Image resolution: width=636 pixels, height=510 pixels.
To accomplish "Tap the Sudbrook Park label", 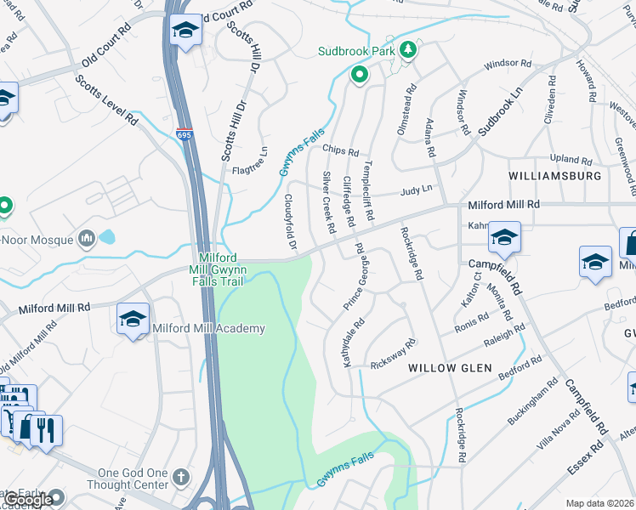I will pyautogui.click(x=357, y=51).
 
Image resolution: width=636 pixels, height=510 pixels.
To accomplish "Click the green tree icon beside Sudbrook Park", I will pyautogui.click(x=407, y=50).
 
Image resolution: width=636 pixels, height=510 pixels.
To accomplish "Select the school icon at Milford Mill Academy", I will pyautogui.click(x=133, y=320).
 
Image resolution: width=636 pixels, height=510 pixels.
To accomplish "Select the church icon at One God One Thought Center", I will pyautogui.click(x=180, y=476).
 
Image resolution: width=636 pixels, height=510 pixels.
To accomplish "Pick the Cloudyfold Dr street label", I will pyautogui.click(x=290, y=222).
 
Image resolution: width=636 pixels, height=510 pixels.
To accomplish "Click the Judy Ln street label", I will pyautogui.click(x=417, y=190).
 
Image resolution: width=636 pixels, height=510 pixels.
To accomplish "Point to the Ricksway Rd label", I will pyautogui.click(x=393, y=353).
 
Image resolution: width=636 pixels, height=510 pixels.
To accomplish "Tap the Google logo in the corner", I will pyautogui.click(x=28, y=501).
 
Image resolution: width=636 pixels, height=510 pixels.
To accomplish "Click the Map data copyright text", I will pyautogui.click(x=600, y=503).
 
